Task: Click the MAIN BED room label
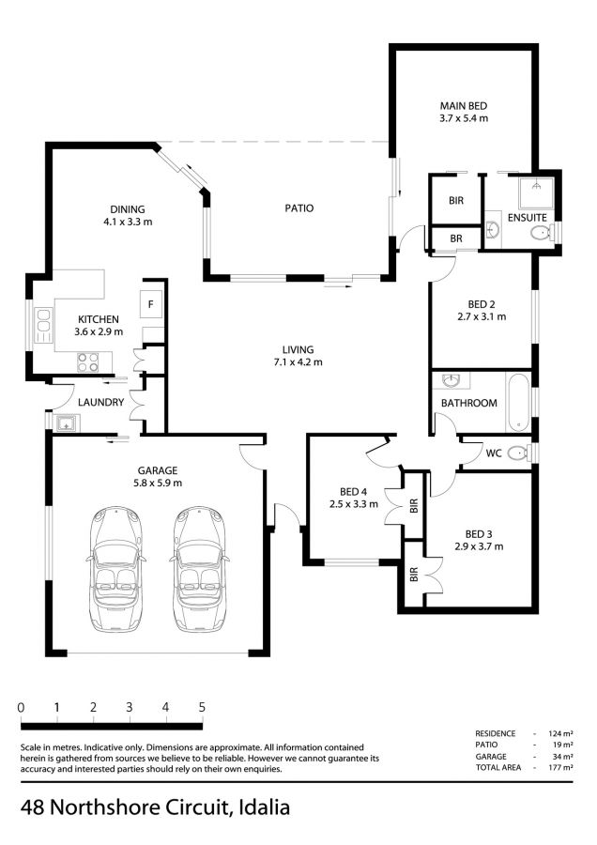464,106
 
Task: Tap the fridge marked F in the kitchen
151,304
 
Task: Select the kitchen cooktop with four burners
88,362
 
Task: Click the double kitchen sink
43,325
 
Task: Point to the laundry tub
66,423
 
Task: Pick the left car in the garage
115,569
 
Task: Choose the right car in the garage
200,569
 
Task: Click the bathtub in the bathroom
518,402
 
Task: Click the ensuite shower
536,192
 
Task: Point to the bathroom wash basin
450,381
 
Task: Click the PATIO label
299,208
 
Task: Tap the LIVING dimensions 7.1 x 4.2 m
298,362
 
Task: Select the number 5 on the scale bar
202,707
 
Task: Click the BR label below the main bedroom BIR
456,238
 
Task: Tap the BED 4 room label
354,491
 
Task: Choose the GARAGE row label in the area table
491,756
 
